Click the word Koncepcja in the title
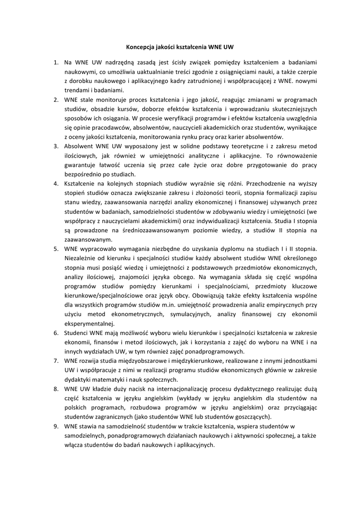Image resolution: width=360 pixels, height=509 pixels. click(142, 48)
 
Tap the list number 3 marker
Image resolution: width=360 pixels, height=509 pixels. click(56, 146)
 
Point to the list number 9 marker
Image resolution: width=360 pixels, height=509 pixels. click(56, 426)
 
